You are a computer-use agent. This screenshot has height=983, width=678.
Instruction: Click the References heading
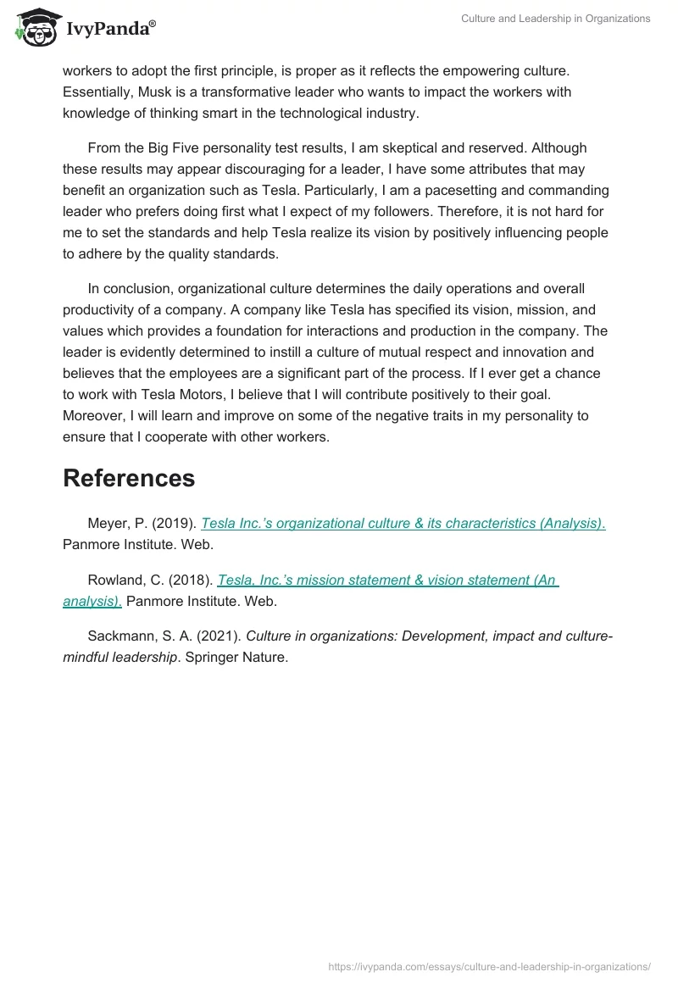tap(129, 478)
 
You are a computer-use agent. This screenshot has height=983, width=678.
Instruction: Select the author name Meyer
tap(108, 524)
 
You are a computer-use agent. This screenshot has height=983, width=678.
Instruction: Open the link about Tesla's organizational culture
tap(403, 524)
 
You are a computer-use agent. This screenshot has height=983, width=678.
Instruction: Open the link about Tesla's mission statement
tap(387, 580)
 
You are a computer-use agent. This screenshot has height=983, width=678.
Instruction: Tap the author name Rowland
tap(114, 580)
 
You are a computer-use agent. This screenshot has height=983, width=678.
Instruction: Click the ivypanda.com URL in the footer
tap(490, 966)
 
